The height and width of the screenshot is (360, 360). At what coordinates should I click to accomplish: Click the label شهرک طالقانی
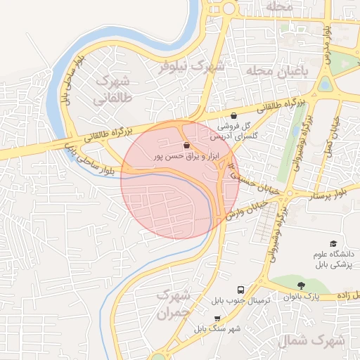113,89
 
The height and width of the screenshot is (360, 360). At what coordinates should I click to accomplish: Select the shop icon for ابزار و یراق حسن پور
186,145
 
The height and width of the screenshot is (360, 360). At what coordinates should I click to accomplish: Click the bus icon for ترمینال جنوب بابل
241,290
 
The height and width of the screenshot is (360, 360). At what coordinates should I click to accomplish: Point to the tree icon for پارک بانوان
302,285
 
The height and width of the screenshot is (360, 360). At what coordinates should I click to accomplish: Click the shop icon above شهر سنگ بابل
217,319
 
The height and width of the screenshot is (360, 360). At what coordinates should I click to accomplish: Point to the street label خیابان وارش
247,208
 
